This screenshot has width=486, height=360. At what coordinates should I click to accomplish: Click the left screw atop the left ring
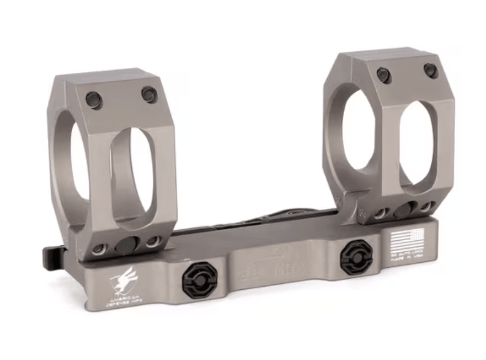[94, 100]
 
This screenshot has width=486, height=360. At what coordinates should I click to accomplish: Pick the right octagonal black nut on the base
[356, 257]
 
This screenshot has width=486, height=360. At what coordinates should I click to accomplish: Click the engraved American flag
[407, 239]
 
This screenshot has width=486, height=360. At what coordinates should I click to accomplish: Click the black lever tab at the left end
[53, 255]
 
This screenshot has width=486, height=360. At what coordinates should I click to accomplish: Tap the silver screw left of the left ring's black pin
[100, 249]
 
